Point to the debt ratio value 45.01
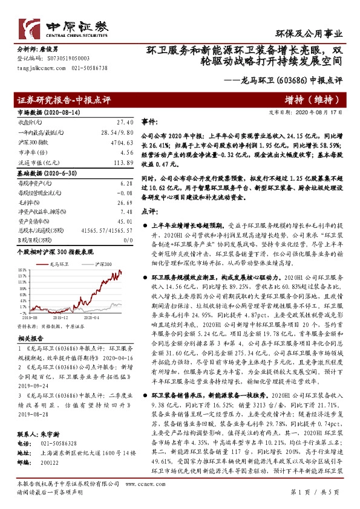pyautogui.click(x=123, y=222)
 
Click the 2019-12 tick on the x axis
pyautogui.click(x=61, y=316)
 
